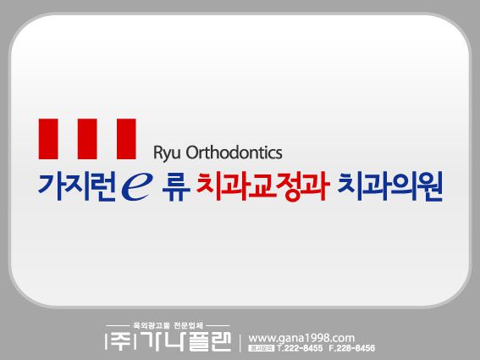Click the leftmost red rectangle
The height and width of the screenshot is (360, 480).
coord(49,139)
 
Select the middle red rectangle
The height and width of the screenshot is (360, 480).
coord(87,139)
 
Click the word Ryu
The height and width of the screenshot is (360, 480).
coord(166,153)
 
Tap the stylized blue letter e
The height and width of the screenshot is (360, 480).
coord(137,186)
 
